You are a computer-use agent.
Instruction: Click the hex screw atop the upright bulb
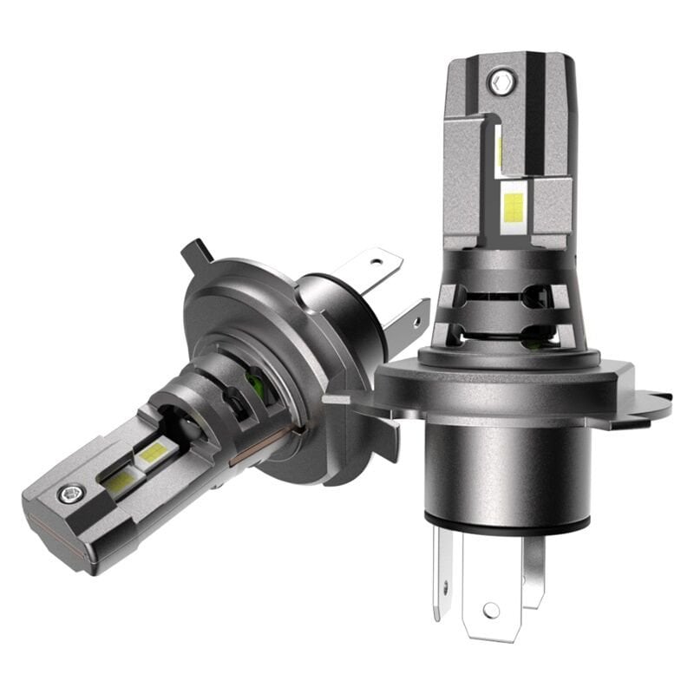[x=499, y=82]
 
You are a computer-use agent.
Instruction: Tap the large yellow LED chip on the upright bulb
[x=514, y=206]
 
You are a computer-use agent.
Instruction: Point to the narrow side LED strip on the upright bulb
[x=500, y=147]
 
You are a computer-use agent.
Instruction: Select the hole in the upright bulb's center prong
[x=492, y=609]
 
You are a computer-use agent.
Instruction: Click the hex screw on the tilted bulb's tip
[x=69, y=494]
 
